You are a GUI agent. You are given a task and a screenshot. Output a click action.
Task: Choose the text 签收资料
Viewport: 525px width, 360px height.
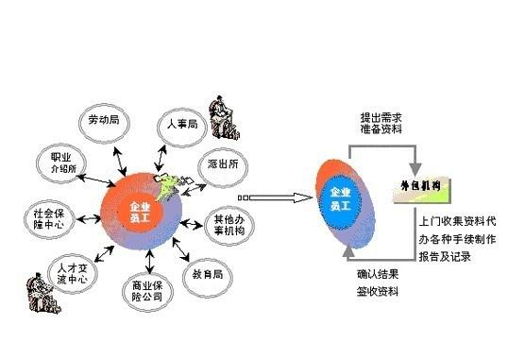378,291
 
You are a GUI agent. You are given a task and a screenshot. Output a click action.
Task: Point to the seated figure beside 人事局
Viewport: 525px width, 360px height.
223,111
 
